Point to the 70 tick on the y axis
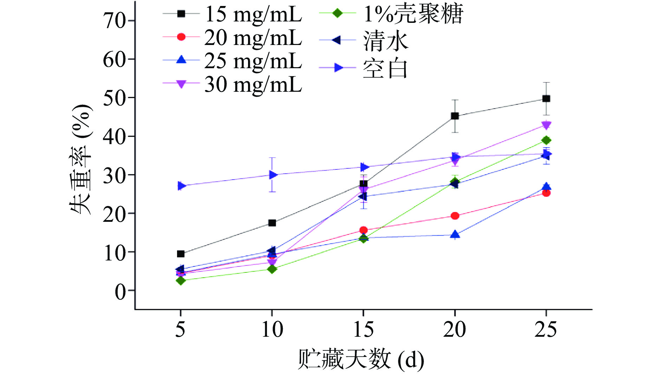coord(115,21)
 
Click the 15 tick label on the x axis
coord(363,330)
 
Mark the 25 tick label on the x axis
coord(546,330)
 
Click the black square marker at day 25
coord(546,99)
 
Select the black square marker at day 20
coord(455,116)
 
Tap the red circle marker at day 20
coord(455,215)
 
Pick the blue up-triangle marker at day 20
coord(455,234)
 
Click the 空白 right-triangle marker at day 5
coord(181,186)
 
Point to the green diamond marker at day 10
coord(272,269)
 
